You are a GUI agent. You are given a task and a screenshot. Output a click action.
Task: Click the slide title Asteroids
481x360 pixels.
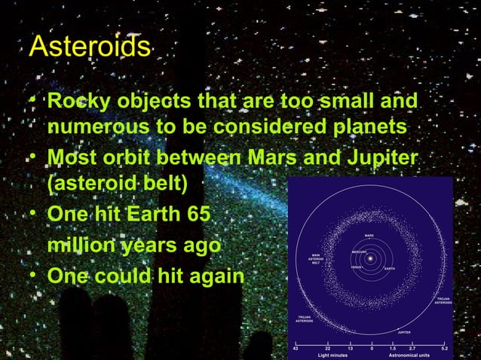[90, 47]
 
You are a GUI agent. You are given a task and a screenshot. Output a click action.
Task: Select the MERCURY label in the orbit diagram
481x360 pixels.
[360, 252]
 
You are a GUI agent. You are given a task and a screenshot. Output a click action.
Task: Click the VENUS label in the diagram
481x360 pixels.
[357, 267]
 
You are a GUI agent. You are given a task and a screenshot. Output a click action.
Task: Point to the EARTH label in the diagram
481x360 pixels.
[390, 269]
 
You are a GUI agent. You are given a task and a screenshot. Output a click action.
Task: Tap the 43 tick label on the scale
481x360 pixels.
[295, 347]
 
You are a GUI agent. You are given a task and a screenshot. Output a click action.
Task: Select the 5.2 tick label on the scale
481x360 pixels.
[445, 347]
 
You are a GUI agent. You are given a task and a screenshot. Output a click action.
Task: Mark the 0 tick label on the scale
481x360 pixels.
[371, 347]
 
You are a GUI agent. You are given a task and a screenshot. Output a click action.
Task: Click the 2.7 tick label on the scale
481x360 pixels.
[412, 347]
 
